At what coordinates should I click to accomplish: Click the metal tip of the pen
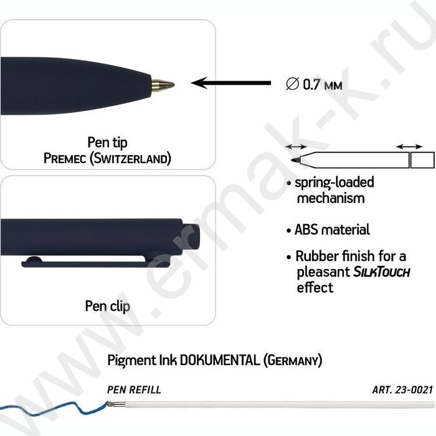point(163,84)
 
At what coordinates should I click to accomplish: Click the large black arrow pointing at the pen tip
point(231,83)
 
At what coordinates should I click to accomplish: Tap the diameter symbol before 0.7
point(292,83)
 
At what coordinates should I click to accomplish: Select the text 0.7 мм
point(322,84)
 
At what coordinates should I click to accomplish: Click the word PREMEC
point(65,158)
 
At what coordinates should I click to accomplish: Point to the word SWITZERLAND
point(130,158)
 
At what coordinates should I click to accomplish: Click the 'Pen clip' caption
point(107,306)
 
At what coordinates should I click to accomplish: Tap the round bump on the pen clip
point(34,260)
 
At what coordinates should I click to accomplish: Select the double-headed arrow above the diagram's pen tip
point(296,146)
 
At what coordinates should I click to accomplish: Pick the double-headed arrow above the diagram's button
point(409,146)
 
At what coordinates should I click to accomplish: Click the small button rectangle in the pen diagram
point(422,160)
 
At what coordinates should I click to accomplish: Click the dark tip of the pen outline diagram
point(296,160)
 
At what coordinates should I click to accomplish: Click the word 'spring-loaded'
point(334,182)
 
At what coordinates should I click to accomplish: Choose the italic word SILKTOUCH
point(381,272)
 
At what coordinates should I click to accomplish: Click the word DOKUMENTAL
point(220,360)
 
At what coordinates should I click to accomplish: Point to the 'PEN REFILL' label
point(134,389)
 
